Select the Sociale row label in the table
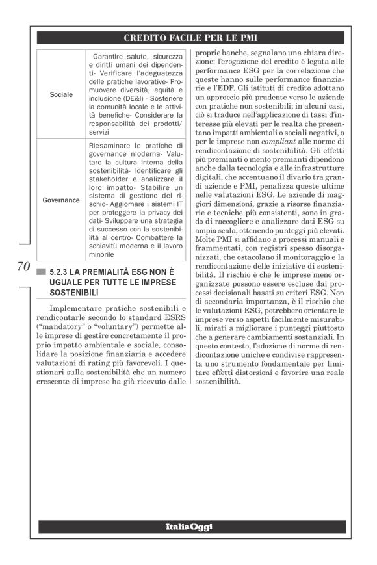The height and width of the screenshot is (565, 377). pyautogui.click(x=61, y=94)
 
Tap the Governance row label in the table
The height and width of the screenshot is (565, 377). pyautogui.click(x=61, y=200)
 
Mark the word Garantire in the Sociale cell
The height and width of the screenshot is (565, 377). pyautogui.click(x=111, y=57)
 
